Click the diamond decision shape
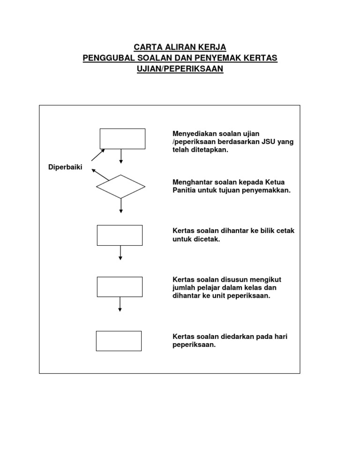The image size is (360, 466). pos(120,187)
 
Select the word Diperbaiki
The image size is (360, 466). pos(66,167)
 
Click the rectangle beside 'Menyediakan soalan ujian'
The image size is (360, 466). pos(122,139)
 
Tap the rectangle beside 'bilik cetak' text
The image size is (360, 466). pos(120,235)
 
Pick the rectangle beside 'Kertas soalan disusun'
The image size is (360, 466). pos(120,287)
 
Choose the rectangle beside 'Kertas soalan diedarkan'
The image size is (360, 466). pos(119,341)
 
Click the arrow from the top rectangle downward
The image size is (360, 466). pos(121,156)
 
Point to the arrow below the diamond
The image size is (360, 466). pos(121,205)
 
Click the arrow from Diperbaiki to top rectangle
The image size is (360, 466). pos(98,155)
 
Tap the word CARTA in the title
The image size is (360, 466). pos(145,47)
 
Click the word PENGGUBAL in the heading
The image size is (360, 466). pos(107,58)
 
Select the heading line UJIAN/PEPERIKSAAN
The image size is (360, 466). pos(180,68)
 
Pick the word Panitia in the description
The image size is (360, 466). pos(185,190)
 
